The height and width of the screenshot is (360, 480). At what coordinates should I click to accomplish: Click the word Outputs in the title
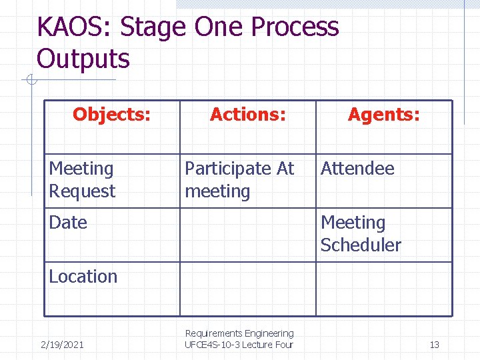coord(83,59)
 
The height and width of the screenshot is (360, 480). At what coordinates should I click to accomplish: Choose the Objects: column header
coord(111,115)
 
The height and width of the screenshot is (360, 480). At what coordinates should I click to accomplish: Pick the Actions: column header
coord(247,115)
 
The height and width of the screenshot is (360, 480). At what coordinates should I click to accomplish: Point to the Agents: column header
coord(383,115)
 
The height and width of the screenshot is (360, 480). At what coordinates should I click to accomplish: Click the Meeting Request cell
coord(82,180)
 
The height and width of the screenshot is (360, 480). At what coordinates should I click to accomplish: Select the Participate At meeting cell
coord(239,180)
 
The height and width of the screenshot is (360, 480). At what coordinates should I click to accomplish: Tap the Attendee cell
coord(357,169)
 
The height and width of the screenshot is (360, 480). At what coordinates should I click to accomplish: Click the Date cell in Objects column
coord(68,223)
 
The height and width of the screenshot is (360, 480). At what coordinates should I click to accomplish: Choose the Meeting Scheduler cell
coord(360,234)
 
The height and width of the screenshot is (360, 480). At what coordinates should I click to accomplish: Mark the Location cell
coord(83,277)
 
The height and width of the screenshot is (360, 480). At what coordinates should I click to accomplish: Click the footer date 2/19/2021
coord(62,345)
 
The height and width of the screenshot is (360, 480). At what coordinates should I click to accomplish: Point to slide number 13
coord(434,345)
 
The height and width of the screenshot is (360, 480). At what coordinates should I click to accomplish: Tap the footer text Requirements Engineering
coord(239,333)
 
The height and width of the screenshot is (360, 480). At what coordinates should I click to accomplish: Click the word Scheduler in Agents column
coord(360,245)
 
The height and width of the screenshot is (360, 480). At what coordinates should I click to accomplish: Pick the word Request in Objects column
coord(82,191)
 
